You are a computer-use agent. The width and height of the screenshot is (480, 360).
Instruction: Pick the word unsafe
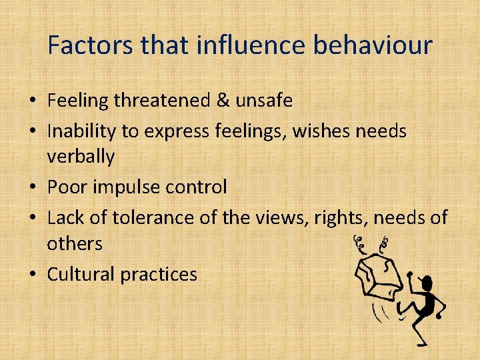tap(265, 101)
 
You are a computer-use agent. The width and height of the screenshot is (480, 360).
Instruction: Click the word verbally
tap(81, 157)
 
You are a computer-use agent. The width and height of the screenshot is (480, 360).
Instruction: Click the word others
tap(75, 244)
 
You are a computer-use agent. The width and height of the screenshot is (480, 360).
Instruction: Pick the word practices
tap(159, 274)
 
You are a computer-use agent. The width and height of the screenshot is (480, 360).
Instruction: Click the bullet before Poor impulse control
tap(33, 188)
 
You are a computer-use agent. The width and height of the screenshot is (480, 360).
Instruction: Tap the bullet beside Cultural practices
tap(33, 275)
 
